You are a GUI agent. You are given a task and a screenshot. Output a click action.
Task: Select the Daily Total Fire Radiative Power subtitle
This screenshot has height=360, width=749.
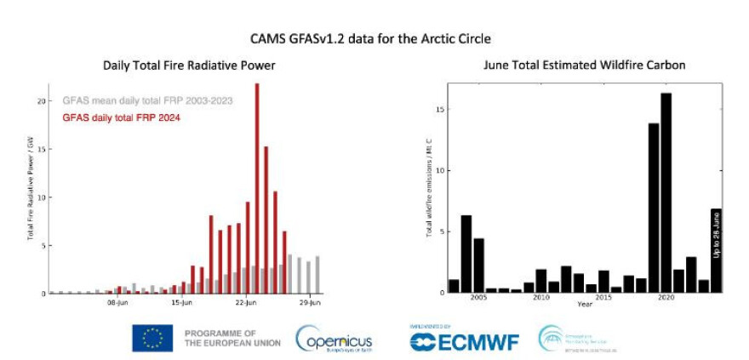[180, 65]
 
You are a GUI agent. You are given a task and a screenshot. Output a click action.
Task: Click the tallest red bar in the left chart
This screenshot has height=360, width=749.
[257, 187]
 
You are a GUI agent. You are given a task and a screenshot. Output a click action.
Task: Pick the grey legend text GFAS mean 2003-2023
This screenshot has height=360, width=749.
[147, 100]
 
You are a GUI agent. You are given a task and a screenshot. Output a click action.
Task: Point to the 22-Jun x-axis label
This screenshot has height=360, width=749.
[246, 301]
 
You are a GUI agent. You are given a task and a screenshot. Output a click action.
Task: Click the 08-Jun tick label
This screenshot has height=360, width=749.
[117, 301]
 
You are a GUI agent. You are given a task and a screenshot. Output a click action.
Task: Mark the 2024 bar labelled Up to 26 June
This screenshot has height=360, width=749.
[716, 250]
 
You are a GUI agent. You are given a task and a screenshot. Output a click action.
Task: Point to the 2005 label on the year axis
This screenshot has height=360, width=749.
[477, 298]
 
